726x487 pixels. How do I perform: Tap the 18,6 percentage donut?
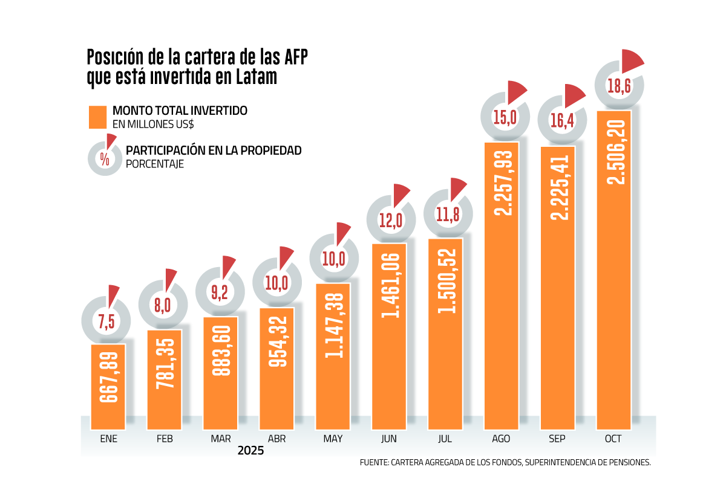[619, 86]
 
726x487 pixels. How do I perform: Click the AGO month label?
[501, 439]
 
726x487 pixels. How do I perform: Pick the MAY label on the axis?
[333, 439]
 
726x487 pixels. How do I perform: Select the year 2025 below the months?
[250, 451]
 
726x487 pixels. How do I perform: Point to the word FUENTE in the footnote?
[373, 463]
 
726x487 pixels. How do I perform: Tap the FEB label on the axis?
[165, 439]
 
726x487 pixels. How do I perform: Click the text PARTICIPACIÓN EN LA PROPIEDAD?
[213, 150]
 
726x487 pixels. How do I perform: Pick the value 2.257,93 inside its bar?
[502, 181]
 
